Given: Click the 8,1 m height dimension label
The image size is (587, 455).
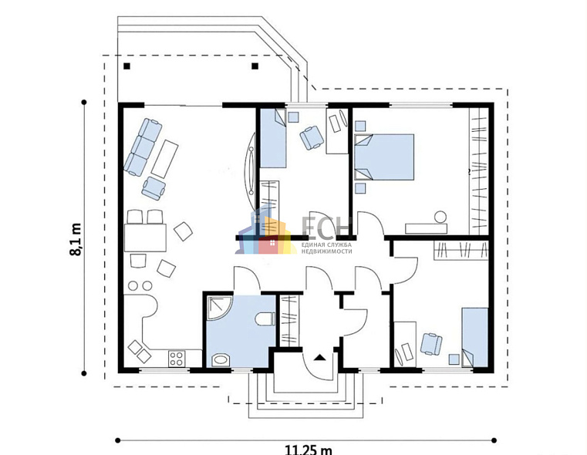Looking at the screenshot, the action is (x=76, y=240).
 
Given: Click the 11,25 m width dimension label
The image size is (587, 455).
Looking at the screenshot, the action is (x=309, y=450).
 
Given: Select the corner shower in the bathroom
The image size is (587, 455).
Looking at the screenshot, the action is (x=219, y=308).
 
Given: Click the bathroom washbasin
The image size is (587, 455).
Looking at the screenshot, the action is (x=221, y=360).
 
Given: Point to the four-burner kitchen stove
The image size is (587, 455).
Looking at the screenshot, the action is (x=177, y=358).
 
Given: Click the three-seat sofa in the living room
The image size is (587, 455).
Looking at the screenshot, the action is (x=143, y=147).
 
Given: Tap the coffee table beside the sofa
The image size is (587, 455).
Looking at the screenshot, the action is (x=164, y=159).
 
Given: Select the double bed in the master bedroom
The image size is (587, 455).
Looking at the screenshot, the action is (x=384, y=157).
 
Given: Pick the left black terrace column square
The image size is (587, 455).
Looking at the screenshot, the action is (x=127, y=66).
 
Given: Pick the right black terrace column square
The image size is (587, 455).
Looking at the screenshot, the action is (x=255, y=66).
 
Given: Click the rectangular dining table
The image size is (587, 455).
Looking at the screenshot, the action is (x=145, y=238).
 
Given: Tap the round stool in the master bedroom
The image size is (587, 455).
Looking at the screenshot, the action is (x=440, y=217).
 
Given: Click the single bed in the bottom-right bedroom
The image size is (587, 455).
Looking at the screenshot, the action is (x=474, y=337).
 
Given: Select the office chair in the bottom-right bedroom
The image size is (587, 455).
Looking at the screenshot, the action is (x=431, y=343).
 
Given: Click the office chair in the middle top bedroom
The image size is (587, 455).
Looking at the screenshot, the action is (x=312, y=137).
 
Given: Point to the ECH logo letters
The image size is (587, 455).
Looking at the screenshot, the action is (x=326, y=227).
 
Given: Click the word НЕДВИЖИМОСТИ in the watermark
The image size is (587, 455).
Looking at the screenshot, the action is (x=327, y=251).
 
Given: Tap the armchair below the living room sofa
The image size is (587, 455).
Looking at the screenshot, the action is (x=153, y=188).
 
